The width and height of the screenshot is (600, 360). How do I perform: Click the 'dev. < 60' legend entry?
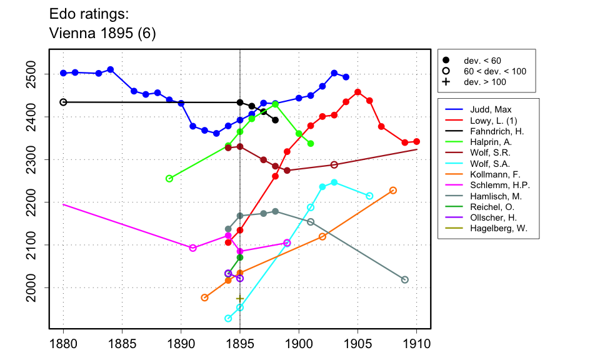482,60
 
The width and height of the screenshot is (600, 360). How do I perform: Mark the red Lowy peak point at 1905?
357,92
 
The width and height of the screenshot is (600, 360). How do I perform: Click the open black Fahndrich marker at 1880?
63,102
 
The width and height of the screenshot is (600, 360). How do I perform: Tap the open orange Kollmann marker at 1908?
393,190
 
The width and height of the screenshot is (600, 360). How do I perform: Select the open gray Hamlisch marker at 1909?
405,279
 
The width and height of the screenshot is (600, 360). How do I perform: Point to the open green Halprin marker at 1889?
169,179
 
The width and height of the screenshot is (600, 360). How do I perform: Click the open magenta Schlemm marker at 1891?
192,247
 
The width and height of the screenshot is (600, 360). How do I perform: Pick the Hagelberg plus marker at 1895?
240,299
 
